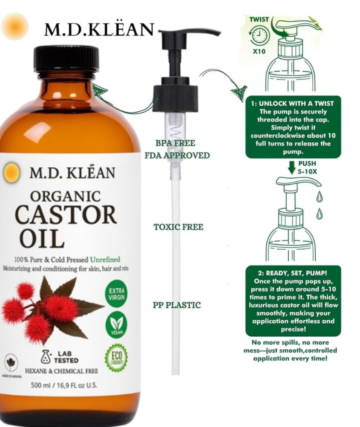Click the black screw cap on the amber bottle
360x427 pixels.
pos(66,59)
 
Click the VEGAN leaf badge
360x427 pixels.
pos(116,326)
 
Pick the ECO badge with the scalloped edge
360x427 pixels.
pos(116,357)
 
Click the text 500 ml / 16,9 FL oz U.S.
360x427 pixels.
pos(64,385)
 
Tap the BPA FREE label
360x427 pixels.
pos(175,143)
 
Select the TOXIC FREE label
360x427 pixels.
pos(178,227)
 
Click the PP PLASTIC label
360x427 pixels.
pos(177,305)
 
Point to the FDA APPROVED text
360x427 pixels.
pos(177,155)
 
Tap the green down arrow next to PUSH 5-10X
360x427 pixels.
pos(291,167)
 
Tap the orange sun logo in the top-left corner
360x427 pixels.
pos(15,27)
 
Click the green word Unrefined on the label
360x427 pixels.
pos(105,259)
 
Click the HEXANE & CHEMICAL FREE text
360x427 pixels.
pos(61,371)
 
